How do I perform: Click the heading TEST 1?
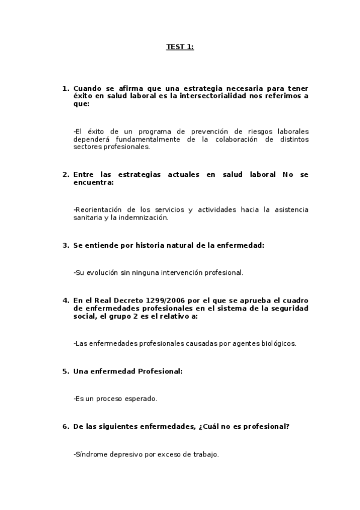click(x=180, y=46)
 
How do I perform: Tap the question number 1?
click(x=65, y=88)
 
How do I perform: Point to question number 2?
click(x=65, y=174)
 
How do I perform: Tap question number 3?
click(x=65, y=245)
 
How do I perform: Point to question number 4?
click(x=65, y=300)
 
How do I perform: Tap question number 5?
click(x=65, y=371)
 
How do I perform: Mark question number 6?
click(x=65, y=426)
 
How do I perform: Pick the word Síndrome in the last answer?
click(x=90, y=454)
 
